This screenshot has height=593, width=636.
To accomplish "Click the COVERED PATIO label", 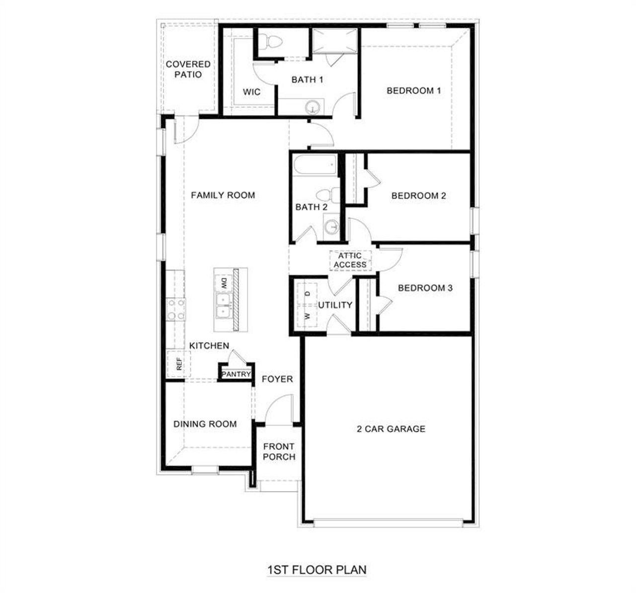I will [x=188, y=69].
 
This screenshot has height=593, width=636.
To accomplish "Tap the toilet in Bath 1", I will [x=267, y=42].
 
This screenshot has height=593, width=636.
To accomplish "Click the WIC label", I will [x=251, y=92].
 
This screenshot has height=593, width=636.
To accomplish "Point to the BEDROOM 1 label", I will [x=414, y=90].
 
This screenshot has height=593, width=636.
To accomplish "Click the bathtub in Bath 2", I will [x=315, y=165].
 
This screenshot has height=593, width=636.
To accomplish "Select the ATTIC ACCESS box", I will [x=350, y=260].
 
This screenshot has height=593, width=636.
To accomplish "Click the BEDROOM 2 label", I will [x=418, y=195].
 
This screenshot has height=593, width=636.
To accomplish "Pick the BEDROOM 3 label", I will [x=425, y=288].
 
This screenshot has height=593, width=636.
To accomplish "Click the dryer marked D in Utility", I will [x=307, y=293].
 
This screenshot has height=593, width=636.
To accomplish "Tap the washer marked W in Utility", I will [x=307, y=316].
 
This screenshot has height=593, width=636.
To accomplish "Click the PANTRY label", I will [x=236, y=374].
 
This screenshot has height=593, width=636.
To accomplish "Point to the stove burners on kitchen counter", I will [x=176, y=309].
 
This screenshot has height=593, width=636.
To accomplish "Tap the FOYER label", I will [x=277, y=379].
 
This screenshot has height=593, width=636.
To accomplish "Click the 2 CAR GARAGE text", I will [x=391, y=428].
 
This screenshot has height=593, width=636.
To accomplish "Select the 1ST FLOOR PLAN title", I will [x=317, y=569].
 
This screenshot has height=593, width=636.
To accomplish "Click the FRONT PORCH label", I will [x=279, y=451].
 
